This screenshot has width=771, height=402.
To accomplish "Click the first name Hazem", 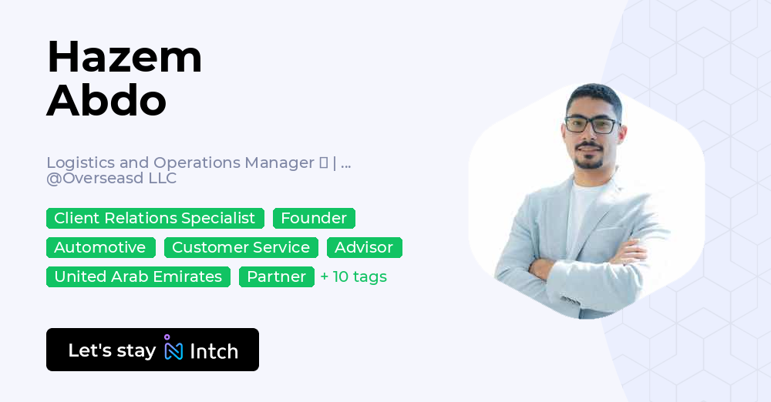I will (124, 57).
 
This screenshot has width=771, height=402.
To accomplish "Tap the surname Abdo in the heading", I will (106, 101).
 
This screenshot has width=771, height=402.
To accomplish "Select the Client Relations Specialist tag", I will (155, 218).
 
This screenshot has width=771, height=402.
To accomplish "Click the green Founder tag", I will (314, 218).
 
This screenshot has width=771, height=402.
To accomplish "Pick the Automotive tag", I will (100, 247).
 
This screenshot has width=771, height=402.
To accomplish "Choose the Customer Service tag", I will (241, 247).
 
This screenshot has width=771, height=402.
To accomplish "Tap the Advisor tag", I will (364, 247).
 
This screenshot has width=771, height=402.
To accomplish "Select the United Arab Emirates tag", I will (138, 276).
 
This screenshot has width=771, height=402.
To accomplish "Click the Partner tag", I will (276, 276).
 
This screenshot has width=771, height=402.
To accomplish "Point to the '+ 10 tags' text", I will (354, 276).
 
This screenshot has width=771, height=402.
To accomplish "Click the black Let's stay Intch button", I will (153, 350).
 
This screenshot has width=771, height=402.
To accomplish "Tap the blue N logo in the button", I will (173, 350).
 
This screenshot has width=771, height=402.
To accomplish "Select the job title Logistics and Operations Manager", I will (181, 162).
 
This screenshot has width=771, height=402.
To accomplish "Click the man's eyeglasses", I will (591, 125).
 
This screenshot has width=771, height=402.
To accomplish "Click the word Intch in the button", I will (214, 351).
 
